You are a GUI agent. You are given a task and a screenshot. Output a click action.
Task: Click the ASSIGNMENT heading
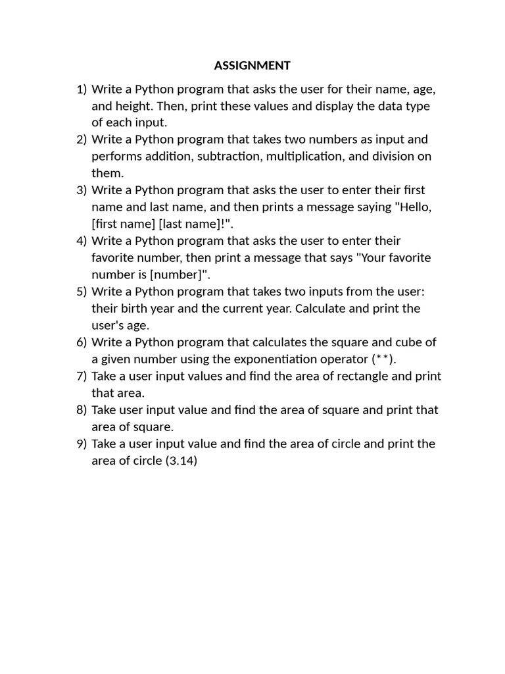click(x=252, y=65)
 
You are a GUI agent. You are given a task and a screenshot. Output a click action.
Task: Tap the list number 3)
click(x=82, y=190)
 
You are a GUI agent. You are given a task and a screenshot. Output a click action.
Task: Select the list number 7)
click(x=82, y=376)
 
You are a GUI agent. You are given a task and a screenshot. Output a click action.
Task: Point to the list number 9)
click(x=82, y=444)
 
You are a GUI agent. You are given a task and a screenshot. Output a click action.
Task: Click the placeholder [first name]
click(x=123, y=224)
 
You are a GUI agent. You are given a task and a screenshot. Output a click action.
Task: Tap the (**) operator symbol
click(x=384, y=359)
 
